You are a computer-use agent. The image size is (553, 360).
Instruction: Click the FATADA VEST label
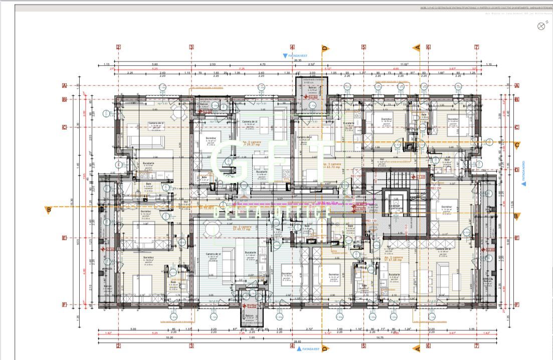point(299,56)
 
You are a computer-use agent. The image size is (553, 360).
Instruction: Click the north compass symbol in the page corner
point(541,27)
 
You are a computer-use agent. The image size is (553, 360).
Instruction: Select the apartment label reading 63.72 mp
point(332,166)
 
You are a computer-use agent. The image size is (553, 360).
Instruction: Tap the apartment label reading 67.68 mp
point(394,260)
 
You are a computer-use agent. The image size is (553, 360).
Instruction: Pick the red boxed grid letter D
point(516,169)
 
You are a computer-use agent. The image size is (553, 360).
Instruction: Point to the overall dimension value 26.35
point(297,60)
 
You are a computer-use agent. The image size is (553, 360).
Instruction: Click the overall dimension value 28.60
point(298,342)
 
